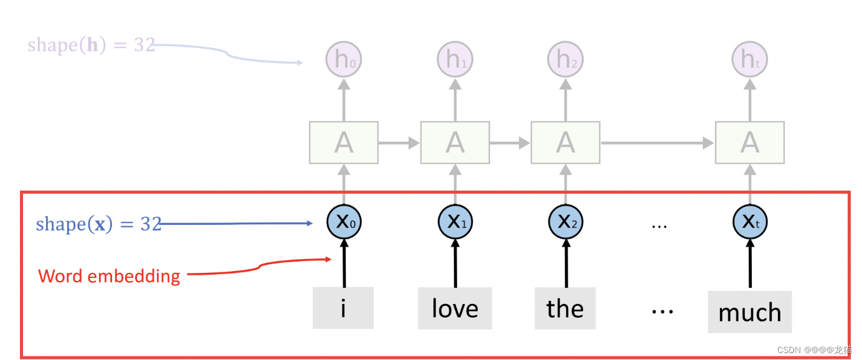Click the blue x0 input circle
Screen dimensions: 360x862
pos(343,221)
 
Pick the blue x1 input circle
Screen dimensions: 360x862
pos(455,221)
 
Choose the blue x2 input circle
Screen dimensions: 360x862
pos(565,221)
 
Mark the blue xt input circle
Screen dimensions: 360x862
pos(749,221)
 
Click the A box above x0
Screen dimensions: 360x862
pos(343,143)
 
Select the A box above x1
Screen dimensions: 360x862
pos(455,143)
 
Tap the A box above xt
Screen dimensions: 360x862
pos(749,143)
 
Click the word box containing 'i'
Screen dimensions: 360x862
pos(343,308)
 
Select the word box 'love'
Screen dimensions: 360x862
pos(455,308)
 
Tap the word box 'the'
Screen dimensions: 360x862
pos(565,308)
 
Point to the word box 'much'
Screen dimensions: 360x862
pos(749,311)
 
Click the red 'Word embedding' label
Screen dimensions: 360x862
pos(109,276)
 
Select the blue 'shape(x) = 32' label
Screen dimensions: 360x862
pos(98,224)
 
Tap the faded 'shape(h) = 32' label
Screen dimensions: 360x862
pos(91,45)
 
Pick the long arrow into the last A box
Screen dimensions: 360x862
pos(657,143)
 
